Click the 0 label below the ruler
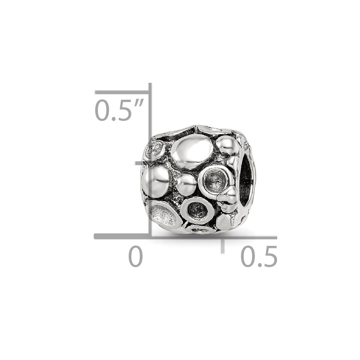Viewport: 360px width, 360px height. click(136, 256)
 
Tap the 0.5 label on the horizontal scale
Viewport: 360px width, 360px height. click(259, 256)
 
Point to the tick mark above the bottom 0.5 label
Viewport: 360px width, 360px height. click(223, 246)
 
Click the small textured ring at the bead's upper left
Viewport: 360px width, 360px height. click(155, 150)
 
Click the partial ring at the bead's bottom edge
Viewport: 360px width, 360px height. click(200, 229)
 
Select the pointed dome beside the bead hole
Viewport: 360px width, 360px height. click(228, 199)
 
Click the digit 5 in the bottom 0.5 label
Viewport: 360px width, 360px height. click(269, 256)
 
